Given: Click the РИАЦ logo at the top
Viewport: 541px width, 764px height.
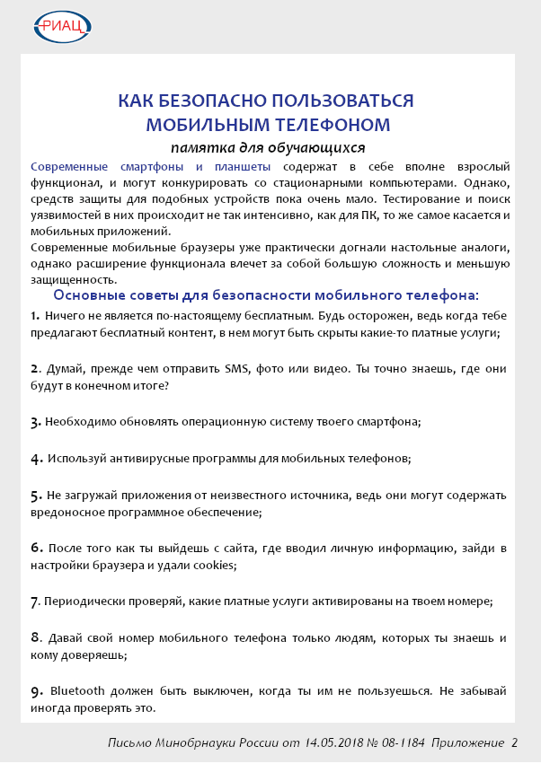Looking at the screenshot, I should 62,26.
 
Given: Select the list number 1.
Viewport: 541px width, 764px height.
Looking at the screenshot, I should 34,315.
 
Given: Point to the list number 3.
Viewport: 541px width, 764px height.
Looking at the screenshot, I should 35,422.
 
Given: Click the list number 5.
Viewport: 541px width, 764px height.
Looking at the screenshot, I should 35,495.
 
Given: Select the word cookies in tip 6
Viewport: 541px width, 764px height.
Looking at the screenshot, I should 216,565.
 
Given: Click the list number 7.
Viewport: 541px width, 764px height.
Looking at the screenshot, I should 35,601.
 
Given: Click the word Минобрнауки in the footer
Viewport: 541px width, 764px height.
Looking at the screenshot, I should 192,743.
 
